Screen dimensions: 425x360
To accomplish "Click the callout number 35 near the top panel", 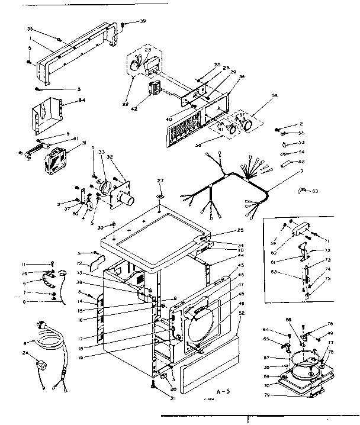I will [x=30, y=28].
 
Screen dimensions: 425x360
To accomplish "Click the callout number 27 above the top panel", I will [x=159, y=181].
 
